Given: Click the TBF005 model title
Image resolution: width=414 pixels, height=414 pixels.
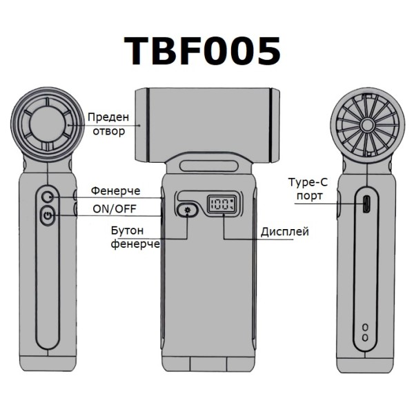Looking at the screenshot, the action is [x=202, y=51].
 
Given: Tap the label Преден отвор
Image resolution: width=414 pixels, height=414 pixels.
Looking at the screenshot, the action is [x=108, y=124].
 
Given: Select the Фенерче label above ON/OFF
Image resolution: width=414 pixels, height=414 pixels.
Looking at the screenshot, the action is [x=116, y=190].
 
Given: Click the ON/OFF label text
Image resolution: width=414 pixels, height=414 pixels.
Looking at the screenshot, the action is [x=115, y=209].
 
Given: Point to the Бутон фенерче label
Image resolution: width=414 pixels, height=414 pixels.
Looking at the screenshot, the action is [x=135, y=237].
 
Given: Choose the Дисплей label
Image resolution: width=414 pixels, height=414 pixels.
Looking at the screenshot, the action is [x=284, y=232].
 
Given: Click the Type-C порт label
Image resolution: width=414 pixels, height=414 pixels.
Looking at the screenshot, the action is [x=308, y=189].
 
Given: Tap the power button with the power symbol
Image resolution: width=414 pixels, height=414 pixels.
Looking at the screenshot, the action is [x=48, y=216].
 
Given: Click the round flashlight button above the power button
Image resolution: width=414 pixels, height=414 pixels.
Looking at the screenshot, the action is [x=48, y=197].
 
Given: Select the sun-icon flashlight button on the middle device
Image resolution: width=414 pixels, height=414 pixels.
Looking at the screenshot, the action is [x=188, y=210].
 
